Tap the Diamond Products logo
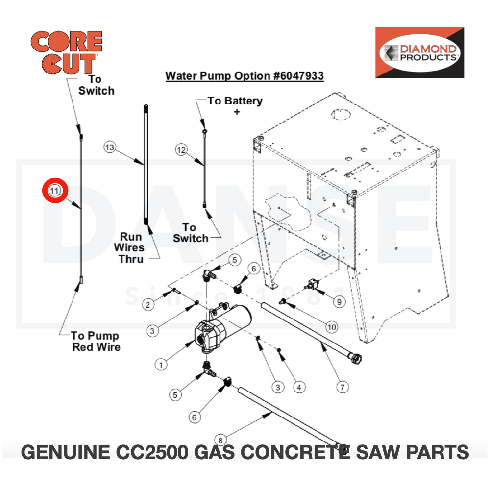pyautogui.click(x=419, y=52)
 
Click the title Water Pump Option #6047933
pyautogui.click(x=245, y=76)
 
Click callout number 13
pyautogui.click(x=110, y=147)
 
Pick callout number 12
pyautogui.click(x=182, y=150)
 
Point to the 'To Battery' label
pyautogui.click(x=235, y=101)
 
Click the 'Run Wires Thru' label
pyautogui.click(x=132, y=247)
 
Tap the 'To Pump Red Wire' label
pyautogui.click(x=96, y=341)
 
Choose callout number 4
pyautogui.click(x=299, y=387)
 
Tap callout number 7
pyautogui.click(x=343, y=387)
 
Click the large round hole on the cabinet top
pyautogui.click(x=340, y=115)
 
